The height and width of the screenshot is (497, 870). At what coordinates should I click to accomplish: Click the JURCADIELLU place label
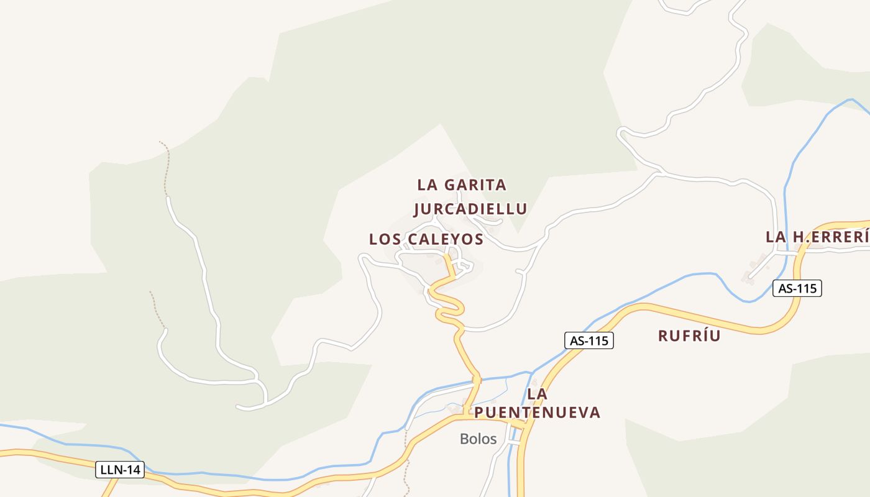(470, 209)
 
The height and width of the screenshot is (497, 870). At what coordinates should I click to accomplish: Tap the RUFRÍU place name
(689, 336)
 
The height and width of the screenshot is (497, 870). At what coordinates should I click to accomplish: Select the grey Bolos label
(478, 439)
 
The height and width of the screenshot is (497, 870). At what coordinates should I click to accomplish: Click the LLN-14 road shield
(121, 470)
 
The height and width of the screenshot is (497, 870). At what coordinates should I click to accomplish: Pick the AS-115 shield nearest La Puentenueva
(589, 340)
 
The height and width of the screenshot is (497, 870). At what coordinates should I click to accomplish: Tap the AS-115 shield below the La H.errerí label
(797, 288)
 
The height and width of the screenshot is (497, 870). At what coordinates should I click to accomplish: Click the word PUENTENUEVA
(538, 413)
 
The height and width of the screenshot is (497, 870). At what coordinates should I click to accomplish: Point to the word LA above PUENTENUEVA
(536, 394)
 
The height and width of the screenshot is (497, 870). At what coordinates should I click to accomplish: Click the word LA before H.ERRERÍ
(776, 237)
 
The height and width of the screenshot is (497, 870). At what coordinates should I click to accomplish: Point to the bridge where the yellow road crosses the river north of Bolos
(477, 379)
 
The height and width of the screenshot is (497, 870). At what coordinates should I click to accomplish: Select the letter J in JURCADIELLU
(417, 209)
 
